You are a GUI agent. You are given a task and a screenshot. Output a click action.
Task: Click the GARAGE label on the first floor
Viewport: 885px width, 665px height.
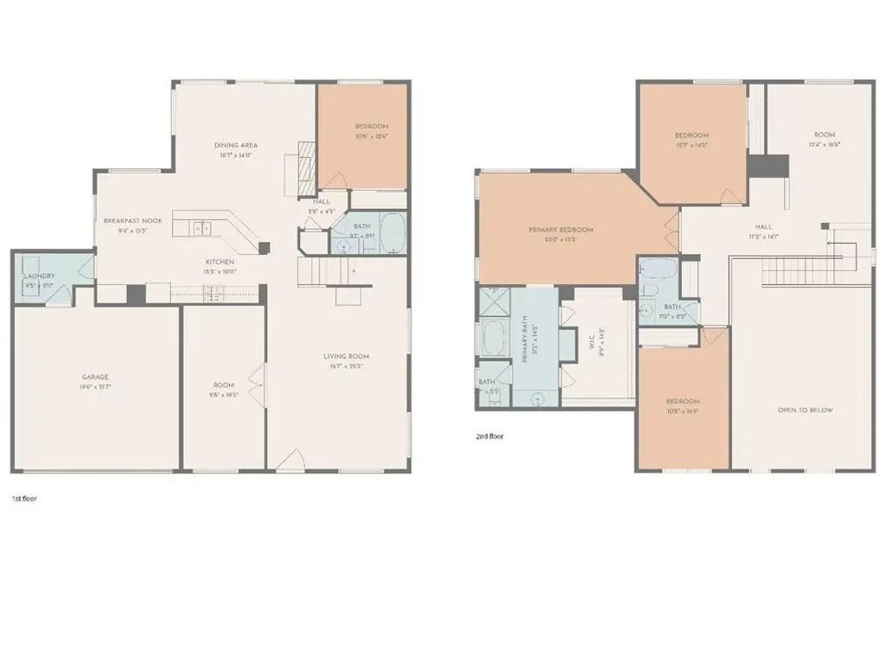click(x=96, y=377)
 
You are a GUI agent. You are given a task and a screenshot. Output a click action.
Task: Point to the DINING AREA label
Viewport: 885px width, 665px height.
click(x=236, y=145)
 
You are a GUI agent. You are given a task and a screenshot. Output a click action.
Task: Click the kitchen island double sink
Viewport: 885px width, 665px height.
click(x=201, y=228)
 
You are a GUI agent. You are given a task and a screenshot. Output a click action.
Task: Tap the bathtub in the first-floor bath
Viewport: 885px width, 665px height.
click(x=392, y=233)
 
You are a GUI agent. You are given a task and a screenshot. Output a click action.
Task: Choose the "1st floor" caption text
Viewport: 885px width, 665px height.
click(x=23, y=499)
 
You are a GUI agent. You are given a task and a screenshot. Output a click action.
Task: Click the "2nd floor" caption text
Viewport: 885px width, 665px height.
click(x=489, y=437)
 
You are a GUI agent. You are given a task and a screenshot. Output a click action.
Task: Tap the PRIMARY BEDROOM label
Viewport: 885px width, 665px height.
click(x=561, y=230)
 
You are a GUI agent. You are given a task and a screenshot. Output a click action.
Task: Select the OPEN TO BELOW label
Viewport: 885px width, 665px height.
click(x=805, y=410)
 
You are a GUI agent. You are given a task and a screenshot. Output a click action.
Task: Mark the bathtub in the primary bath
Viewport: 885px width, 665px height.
click(x=493, y=338)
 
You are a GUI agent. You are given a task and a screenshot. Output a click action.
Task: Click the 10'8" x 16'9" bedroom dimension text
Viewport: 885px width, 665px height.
click(x=683, y=412)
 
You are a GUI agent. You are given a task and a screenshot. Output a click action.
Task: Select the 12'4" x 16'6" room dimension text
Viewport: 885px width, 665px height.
click(x=825, y=145)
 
